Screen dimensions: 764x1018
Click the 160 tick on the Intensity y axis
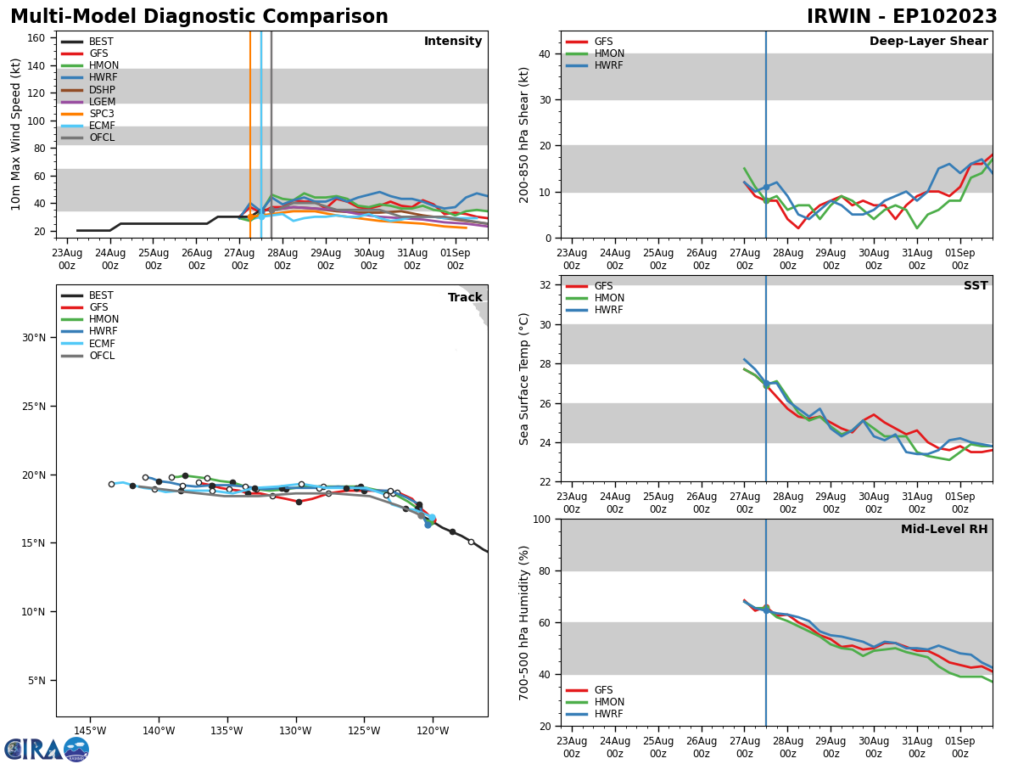[36, 37]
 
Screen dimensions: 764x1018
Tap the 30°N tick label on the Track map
[33, 337]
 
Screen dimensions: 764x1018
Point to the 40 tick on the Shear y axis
[545, 53]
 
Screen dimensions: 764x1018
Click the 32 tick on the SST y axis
[545, 285]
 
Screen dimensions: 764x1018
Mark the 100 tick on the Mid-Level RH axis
[541, 519]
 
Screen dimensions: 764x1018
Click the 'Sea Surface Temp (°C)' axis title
[525, 379]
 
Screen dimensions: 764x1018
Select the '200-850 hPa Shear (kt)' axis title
[525, 134]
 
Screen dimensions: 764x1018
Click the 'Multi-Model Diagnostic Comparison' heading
[199, 17]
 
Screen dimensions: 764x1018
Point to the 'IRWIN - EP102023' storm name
[902, 17]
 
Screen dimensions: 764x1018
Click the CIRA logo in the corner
[47, 750]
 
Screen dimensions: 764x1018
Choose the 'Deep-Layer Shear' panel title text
[928, 42]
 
